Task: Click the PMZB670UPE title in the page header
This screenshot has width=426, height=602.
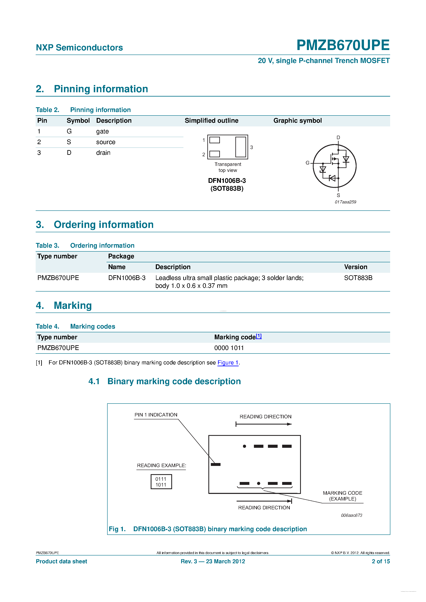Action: tap(343, 45)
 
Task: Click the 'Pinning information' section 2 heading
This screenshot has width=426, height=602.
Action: tap(101, 89)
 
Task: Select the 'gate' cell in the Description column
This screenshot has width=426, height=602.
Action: tap(102, 131)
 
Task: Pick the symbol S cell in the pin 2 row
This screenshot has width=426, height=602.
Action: tap(69, 142)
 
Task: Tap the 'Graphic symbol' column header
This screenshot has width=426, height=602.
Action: tap(297, 121)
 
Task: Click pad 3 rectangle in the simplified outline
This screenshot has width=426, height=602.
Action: tap(241, 147)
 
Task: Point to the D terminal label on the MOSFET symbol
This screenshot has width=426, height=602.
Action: tap(338, 137)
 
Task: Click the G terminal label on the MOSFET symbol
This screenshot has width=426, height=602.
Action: tap(307, 163)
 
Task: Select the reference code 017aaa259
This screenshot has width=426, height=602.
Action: tap(345, 202)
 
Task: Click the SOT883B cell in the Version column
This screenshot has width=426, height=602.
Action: tap(358, 278)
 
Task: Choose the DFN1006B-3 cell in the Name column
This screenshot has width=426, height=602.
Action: tap(127, 278)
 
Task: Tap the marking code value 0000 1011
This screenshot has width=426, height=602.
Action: tap(229, 348)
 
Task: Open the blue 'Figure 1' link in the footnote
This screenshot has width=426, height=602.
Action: tap(228, 363)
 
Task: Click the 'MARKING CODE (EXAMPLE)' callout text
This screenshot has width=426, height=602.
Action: tap(342, 496)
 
